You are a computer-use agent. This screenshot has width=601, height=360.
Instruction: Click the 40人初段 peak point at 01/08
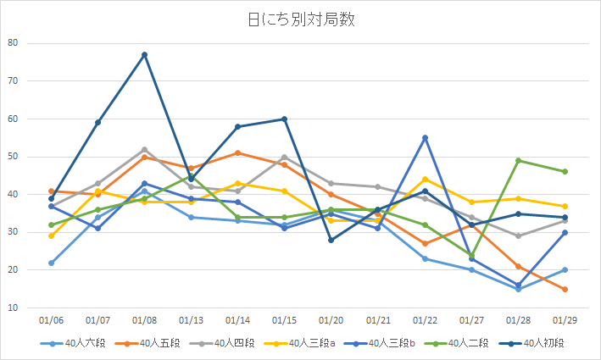coord(144,55)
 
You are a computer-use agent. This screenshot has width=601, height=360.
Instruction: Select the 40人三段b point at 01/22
coord(425,138)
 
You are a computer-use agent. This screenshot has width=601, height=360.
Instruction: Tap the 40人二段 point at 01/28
coord(518,161)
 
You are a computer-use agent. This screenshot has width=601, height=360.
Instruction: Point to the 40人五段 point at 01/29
coord(565,290)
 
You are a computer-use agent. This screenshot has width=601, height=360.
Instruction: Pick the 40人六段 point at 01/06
coord(51,263)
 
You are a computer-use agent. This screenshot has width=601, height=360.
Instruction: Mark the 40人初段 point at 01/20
coord(331,241)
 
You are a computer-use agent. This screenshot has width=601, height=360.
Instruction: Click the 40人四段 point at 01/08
coord(144,150)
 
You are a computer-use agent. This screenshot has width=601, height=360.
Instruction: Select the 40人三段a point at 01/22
coord(425,180)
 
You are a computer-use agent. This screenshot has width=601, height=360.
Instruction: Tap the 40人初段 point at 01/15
coord(284,119)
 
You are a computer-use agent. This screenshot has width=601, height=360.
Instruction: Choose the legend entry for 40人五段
coord(150,343)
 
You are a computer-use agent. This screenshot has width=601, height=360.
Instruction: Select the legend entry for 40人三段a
coord(309,343)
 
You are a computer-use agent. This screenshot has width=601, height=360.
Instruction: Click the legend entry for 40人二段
coord(466,343)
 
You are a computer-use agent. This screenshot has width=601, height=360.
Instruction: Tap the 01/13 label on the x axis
coord(191,321)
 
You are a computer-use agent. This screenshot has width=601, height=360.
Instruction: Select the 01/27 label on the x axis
coord(471,321)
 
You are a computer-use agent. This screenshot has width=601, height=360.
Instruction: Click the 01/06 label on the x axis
coord(51,321)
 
